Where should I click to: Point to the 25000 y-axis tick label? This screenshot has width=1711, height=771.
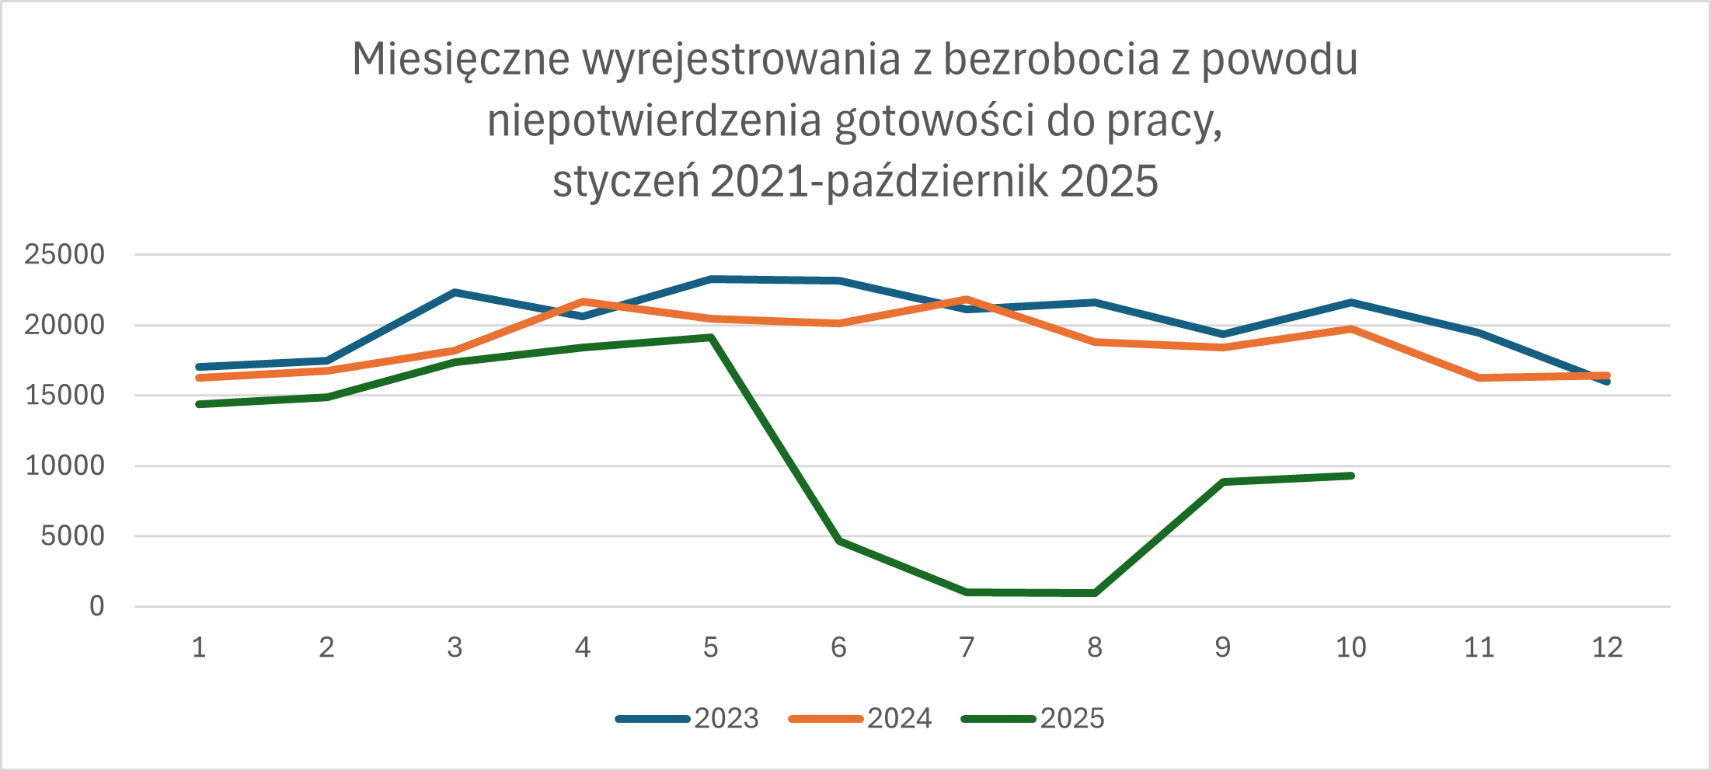[64, 254]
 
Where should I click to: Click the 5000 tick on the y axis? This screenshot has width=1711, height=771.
[72, 536]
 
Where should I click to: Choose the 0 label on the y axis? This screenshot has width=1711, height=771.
[96, 606]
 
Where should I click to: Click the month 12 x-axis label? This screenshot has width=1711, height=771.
[1607, 647]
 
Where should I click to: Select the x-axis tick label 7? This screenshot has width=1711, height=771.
[967, 647]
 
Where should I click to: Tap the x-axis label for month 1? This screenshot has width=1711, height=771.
[199, 647]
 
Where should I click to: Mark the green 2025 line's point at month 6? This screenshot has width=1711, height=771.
[839, 540]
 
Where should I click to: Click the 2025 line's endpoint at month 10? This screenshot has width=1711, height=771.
[1351, 476]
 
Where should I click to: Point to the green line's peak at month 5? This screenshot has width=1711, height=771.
[711, 337]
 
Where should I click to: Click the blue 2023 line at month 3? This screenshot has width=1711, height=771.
[455, 292]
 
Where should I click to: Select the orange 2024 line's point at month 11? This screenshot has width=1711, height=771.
[1479, 378]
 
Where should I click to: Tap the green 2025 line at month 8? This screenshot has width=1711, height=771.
[1095, 593]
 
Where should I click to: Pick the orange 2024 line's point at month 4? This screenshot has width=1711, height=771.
[584, 301]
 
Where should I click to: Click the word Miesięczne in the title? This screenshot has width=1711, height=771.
[461, 60]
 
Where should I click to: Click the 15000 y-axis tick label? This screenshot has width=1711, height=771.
[64, 395]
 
